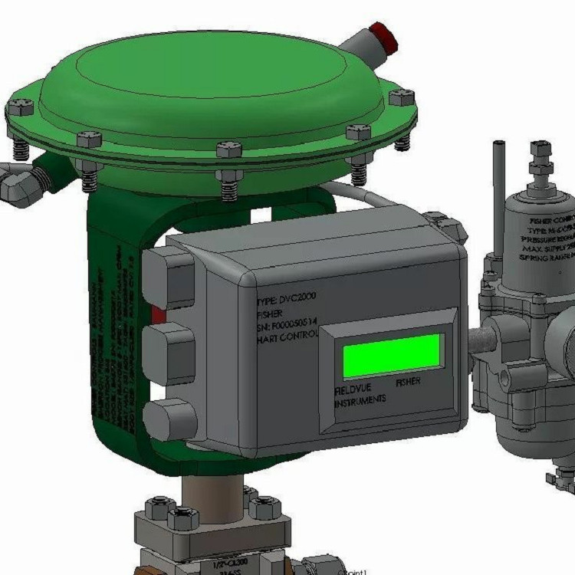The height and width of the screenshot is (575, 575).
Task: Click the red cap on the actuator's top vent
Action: [384, 38]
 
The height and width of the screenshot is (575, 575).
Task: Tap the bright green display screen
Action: [393, 356]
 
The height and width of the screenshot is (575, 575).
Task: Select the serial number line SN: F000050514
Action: [287, 327]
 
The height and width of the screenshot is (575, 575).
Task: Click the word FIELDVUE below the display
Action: [354, 388]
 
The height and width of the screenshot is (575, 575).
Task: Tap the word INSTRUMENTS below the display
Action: [360, 400]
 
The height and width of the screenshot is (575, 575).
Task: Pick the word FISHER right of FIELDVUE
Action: [407, 381]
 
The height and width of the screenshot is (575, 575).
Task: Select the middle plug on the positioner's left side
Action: [169, 352]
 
